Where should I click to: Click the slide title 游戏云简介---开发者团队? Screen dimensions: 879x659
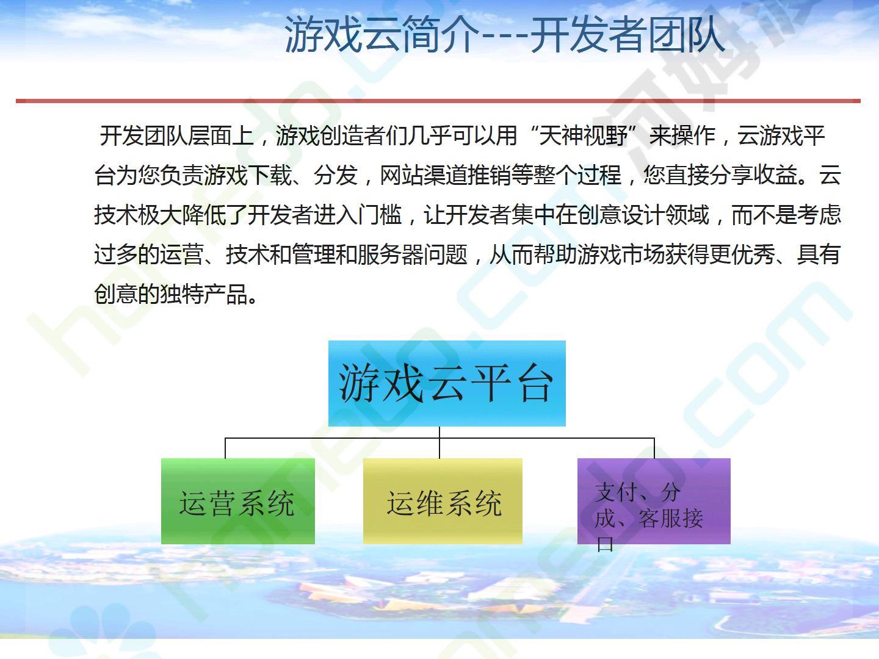point(504,35)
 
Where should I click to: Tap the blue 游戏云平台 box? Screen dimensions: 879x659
point(447,383)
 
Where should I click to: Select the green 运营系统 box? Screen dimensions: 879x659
point(238,501)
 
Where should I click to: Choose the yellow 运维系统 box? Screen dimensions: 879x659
point(443,501)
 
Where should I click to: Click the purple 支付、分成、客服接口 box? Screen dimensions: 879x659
point(654,501)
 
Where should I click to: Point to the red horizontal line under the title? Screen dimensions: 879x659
point(438,101)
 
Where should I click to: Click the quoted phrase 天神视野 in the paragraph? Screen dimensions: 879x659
point(584,135)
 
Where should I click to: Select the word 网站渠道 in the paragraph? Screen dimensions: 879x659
point(424,175)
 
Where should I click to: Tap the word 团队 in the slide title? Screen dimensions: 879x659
point(686,35)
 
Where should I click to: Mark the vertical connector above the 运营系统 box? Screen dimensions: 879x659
point(225,448)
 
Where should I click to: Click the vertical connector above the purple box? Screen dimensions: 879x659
point(654,448)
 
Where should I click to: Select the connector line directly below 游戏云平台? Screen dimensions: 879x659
point(440,442)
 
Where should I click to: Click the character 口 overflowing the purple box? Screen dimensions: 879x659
point(605,544)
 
